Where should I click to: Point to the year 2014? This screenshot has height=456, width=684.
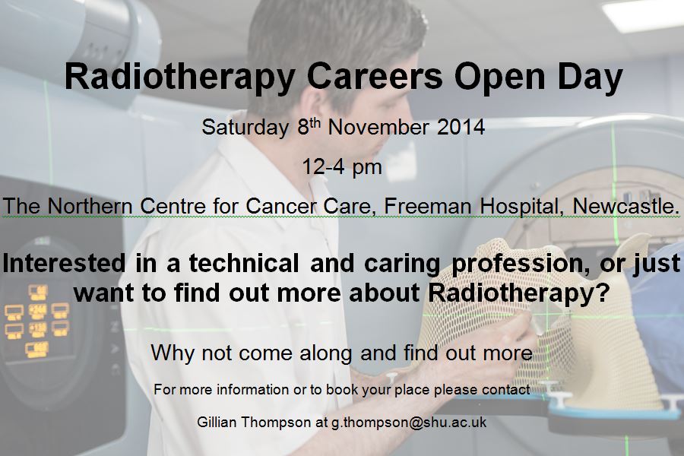click(x=461, y=127)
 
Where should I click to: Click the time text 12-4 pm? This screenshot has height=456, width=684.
click(x=341, y=166)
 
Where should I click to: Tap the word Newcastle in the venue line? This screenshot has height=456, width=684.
click(x=625, y=206)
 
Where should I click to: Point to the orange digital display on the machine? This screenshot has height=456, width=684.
click(x=36, y=319)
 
